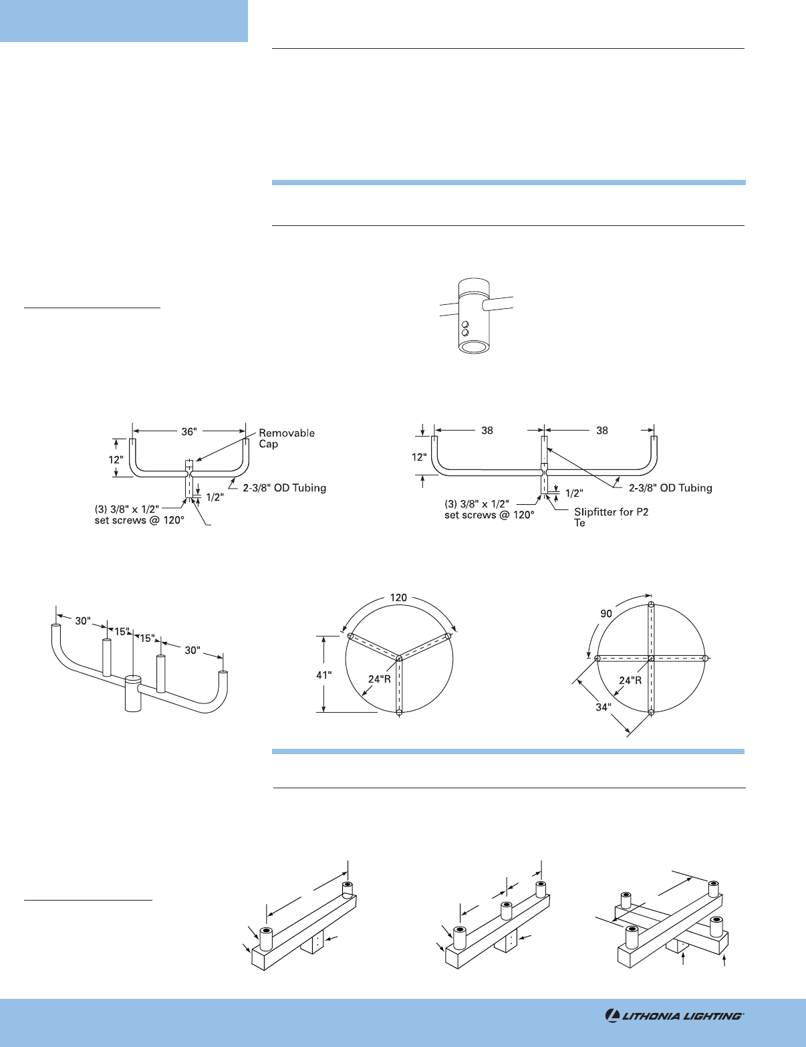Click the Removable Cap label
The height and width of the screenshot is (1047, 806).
point(286,439)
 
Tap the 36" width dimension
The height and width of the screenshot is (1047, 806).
point(189,432)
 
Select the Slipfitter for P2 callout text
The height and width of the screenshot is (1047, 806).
point(611,512)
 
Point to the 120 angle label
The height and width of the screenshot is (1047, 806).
point(398,597)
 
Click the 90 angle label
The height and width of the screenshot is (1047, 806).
point(606,613)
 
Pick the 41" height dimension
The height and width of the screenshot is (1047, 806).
point(324,675)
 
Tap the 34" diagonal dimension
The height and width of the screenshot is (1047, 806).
point(603,707)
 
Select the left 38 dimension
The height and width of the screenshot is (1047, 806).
point(487,431)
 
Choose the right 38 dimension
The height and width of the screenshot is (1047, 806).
point(602,431)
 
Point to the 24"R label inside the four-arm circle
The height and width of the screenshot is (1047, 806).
point(630,681)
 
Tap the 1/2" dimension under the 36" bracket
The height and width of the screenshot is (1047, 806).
point(215,497)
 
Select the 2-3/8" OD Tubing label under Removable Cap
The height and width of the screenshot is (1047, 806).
point(284,488)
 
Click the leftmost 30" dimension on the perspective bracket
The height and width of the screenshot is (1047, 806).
point(82,621)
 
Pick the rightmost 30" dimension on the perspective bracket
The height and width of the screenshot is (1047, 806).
point(192,650)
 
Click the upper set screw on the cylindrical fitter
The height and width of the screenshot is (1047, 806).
point(465,324)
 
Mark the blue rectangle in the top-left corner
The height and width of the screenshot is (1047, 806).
point(124,21)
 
